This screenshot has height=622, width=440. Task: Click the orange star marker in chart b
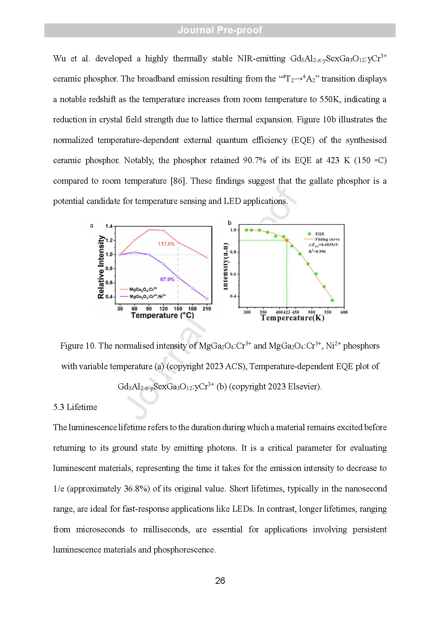[x=286, y=240]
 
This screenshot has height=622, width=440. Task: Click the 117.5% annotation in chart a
[x=166, y=244]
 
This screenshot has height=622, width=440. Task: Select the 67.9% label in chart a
[x=167, y=279]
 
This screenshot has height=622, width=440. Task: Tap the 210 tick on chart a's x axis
[x=207, y=309]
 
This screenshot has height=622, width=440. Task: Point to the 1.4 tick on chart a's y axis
[x=109, y=226]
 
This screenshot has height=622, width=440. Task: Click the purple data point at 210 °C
[x=207, y=299]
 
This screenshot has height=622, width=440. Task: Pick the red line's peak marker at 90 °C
[x=149, y=229]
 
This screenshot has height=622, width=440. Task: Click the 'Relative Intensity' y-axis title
[x=101, y=267]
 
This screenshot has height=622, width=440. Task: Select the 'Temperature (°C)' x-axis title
[x=162, y=315]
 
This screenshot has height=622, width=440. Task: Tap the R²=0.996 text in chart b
[x=317, y=251]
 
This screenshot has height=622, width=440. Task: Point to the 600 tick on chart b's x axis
[x=344, y=312]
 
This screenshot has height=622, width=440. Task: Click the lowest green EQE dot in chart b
[x=332, y=300]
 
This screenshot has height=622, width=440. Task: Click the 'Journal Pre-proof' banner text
[x=220, y=30]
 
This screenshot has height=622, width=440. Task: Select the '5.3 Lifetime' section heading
[x=75, y=407]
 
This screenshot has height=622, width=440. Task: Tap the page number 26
[x=220, y=581]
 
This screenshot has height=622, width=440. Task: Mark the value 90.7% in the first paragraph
[x=254, y=160]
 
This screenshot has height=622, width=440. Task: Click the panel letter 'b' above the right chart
[x=229, y=223]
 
